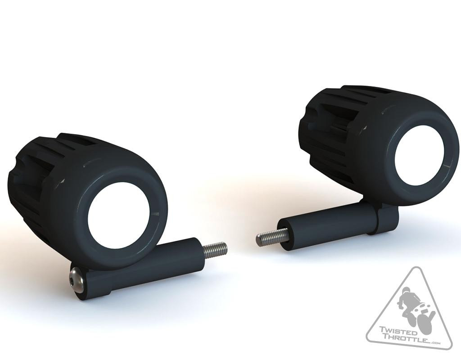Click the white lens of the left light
click(x=120, y=212)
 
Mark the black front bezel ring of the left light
click(x=160, y=211)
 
